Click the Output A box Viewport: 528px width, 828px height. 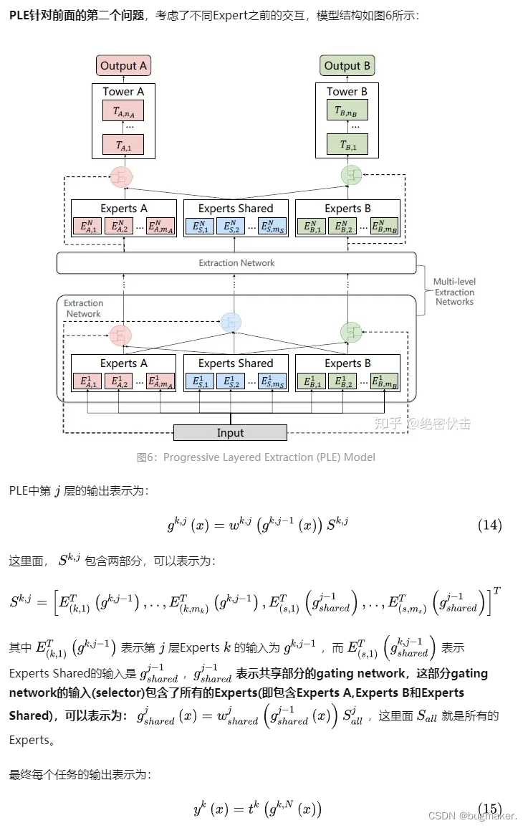(x=123, y=66)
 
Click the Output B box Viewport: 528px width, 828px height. (x=347, y=66)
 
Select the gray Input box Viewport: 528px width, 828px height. (x=230, y=432)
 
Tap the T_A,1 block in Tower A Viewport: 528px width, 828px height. (x=123, y=145)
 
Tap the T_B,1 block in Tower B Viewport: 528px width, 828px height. (x=347, y=145)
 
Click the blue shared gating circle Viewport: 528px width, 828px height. (x=231, y=323)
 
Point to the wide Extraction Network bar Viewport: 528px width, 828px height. (x=236, y=263)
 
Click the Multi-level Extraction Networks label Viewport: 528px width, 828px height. (x=454, y=292)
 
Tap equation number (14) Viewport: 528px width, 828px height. (x=489, y=525)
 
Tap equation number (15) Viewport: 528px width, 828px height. (x=489, y=809)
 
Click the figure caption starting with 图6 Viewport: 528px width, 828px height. (x=256, y=457)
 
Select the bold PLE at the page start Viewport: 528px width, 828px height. (x=19, y=15)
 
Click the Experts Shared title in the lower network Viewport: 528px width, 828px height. (x=236, y=363)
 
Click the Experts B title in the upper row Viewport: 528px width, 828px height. (x=347, y=209)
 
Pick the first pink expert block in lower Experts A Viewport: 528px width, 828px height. (x=87, y=381)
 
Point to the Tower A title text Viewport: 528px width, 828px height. (x=123, y=92)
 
